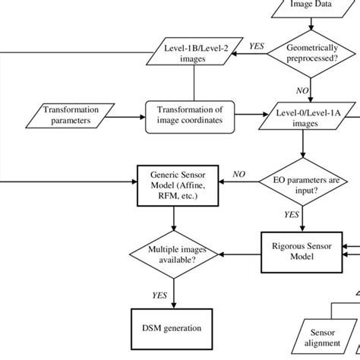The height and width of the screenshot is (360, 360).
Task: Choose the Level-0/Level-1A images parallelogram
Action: coord(304,117)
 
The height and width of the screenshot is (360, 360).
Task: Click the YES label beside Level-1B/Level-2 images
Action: coord(257,46)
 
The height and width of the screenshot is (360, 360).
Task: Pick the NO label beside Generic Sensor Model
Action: coord(239,174)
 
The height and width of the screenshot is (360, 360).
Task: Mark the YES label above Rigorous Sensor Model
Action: coord(292,215)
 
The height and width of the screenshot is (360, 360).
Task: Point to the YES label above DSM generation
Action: coord(159,296)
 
